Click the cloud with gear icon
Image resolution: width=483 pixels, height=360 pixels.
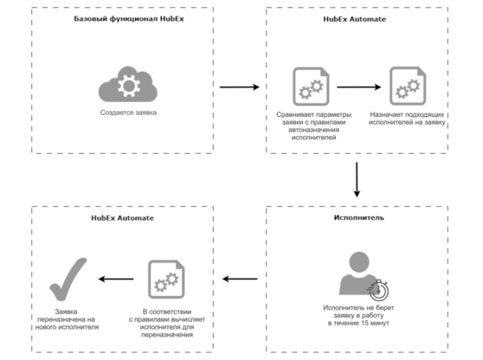click(x=128, y=84)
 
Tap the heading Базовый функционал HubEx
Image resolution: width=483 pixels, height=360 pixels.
click(x=129, y=19)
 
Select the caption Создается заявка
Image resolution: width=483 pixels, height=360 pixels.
click(x=128, y=112)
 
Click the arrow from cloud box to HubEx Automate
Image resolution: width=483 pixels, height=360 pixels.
click(x=240, y=87)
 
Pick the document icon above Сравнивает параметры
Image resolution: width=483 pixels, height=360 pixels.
click(x=311, y=87)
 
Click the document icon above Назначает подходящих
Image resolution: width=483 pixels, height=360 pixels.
click(x=408, y=87)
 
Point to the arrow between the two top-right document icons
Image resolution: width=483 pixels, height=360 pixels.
click(x=359, y=87)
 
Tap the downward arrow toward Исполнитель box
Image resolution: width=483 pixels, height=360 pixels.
click(x=357, y=179)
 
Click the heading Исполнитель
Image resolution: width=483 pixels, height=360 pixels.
click(x=359, y=218)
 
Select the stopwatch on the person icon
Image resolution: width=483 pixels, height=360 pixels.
click(x=378, y=290)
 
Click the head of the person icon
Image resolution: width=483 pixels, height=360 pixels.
click(x=359, y=261)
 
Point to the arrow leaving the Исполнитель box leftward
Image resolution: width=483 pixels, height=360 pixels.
click(x=240, y=279)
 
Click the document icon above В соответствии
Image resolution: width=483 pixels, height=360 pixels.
click(x=166, y=280)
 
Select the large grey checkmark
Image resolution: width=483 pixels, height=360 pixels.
click(x=68, y=279)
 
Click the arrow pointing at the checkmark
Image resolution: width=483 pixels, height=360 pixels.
click(x=116, y=279)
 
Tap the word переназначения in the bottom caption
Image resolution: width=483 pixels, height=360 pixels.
click(x=167, y=335)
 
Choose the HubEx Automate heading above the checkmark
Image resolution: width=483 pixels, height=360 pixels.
click(x=122, y=218)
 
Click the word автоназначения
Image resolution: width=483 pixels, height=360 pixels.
click(x=314, y=130)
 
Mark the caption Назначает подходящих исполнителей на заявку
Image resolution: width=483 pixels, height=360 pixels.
click(x=407, y=119)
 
